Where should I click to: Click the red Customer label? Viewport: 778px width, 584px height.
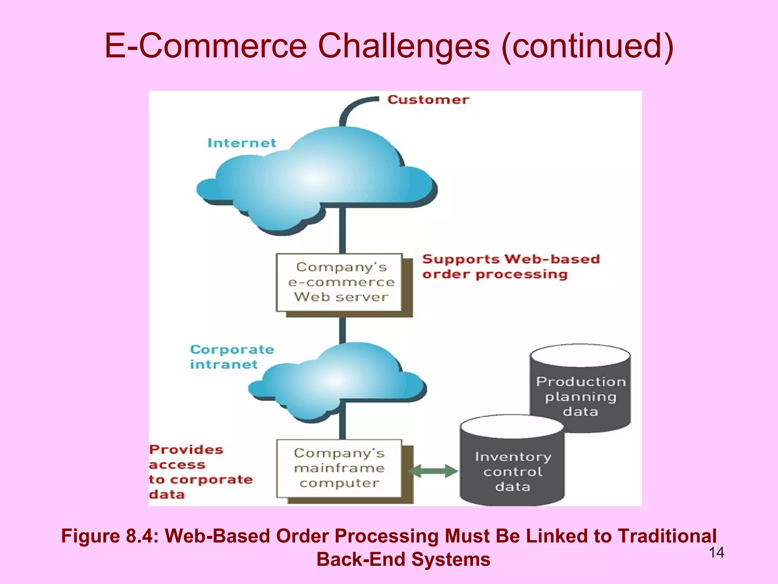click(428, 100)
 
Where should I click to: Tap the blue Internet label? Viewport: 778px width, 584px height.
click(242, 143)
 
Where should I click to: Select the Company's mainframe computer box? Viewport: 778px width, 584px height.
click(339, 468)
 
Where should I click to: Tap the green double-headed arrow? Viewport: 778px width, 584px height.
click(433, 471)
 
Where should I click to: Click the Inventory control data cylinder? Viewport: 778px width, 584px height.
click(512, 468)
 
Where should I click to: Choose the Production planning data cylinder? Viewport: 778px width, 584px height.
click(580, 392)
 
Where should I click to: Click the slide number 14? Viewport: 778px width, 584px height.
click(716, 552)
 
